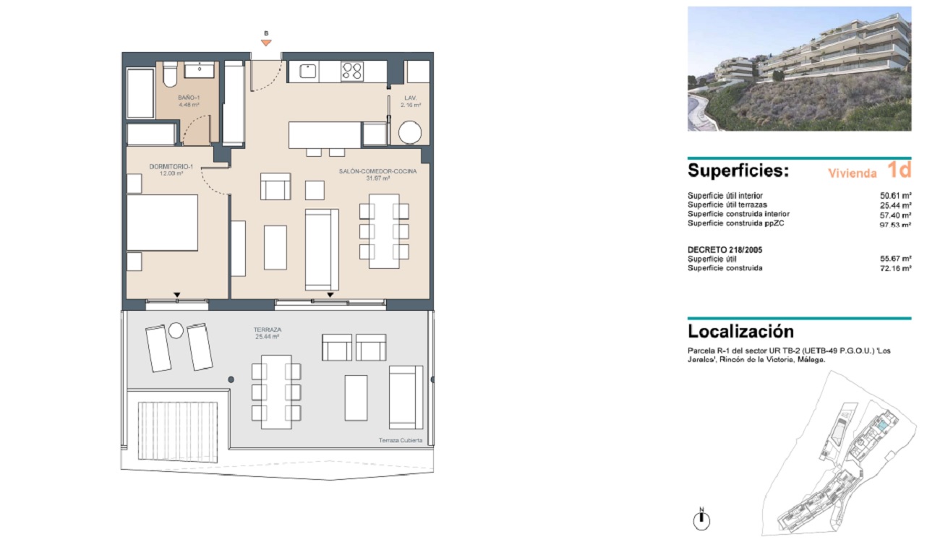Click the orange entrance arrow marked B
click(266, 43)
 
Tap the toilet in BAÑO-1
click(170, 74)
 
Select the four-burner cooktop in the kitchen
click(352, 72)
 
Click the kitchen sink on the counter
click(307, 71)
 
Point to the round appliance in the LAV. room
click(410, 132)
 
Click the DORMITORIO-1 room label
click(171, 170)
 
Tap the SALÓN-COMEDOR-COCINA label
click(377, 174)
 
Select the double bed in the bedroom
click(163, 223)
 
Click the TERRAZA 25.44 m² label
click(268, 333)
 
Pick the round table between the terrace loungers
click(176, 330)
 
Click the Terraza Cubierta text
click(401, 440)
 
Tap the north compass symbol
click(701, 520)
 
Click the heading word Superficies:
click(738, 171)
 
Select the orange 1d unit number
click(899, 170)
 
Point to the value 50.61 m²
click(895, 196)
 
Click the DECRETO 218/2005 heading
click(725, 249)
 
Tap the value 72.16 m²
click(895, 269)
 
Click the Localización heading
click(740, 332)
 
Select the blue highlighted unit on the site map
click(882, 426)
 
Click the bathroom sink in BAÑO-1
click(200, 69)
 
